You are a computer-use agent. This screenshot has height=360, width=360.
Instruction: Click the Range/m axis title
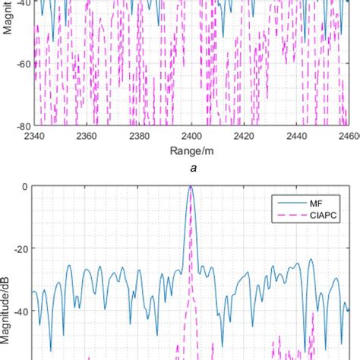click(191, 152)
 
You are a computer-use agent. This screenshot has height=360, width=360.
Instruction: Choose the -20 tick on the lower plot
click(21, 248)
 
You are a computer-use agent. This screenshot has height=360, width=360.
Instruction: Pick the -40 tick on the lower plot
click(21, 311)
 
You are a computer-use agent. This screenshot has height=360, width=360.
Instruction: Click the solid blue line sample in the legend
click(289, 203)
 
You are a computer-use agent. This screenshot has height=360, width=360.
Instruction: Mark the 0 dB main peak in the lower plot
click(191, 188)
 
